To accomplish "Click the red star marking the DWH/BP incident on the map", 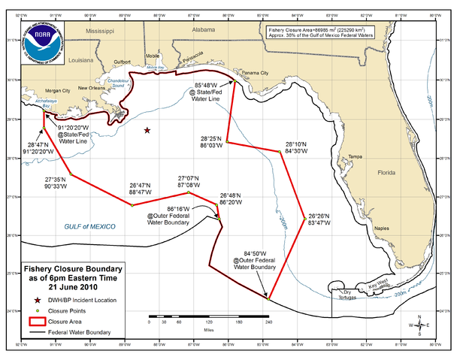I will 147,131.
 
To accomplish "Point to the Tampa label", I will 356,156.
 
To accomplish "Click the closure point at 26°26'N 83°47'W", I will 304,219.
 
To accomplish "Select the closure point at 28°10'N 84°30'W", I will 280,152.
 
